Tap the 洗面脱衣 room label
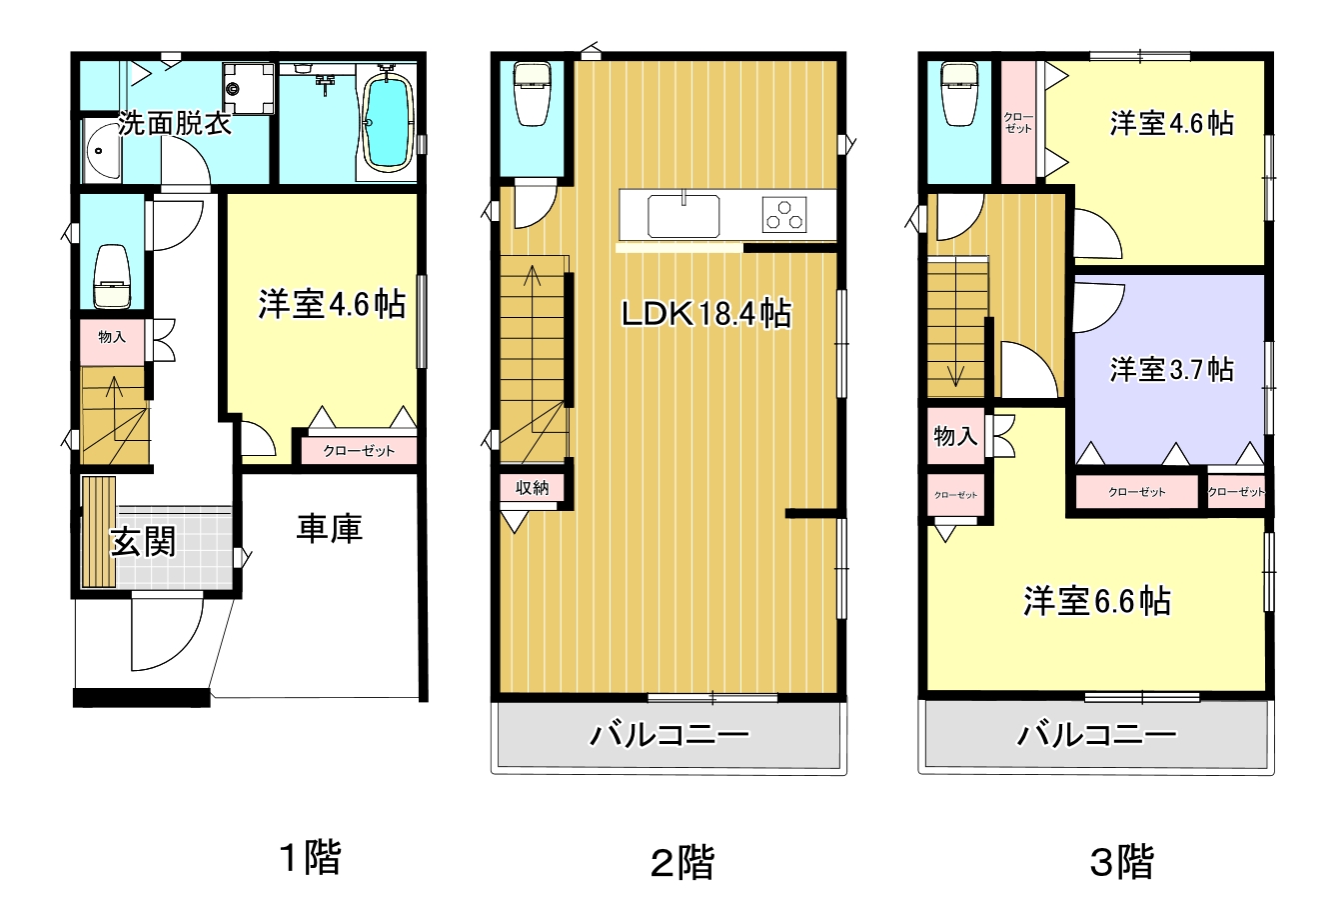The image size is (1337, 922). click(x=174, y=124)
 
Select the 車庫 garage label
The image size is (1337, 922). click(x=330, y=528)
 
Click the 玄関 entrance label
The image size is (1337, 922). click(x=143, y=542)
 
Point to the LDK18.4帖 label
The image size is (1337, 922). click(x=706, y=314)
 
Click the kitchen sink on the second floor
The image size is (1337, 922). click(x=683, y=216)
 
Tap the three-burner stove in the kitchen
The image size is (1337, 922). click(x=784, y=214)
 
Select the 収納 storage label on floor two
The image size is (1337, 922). click(x=532, y=488)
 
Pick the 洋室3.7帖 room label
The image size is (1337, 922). click(x=1172, y=369)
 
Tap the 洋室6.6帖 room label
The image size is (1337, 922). click(x=1097, y=601)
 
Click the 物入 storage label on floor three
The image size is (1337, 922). click(x=955, y=436)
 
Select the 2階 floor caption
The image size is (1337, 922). click(x=682, y=863)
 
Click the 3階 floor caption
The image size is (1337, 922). click(x=1122, y=862)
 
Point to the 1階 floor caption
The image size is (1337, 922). click(x=311, y=858)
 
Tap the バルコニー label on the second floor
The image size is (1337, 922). click(x=669, y=735)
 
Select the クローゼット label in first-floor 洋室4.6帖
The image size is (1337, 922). click(x=359, y=451)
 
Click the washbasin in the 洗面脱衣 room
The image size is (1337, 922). click(x=102, y=150)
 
